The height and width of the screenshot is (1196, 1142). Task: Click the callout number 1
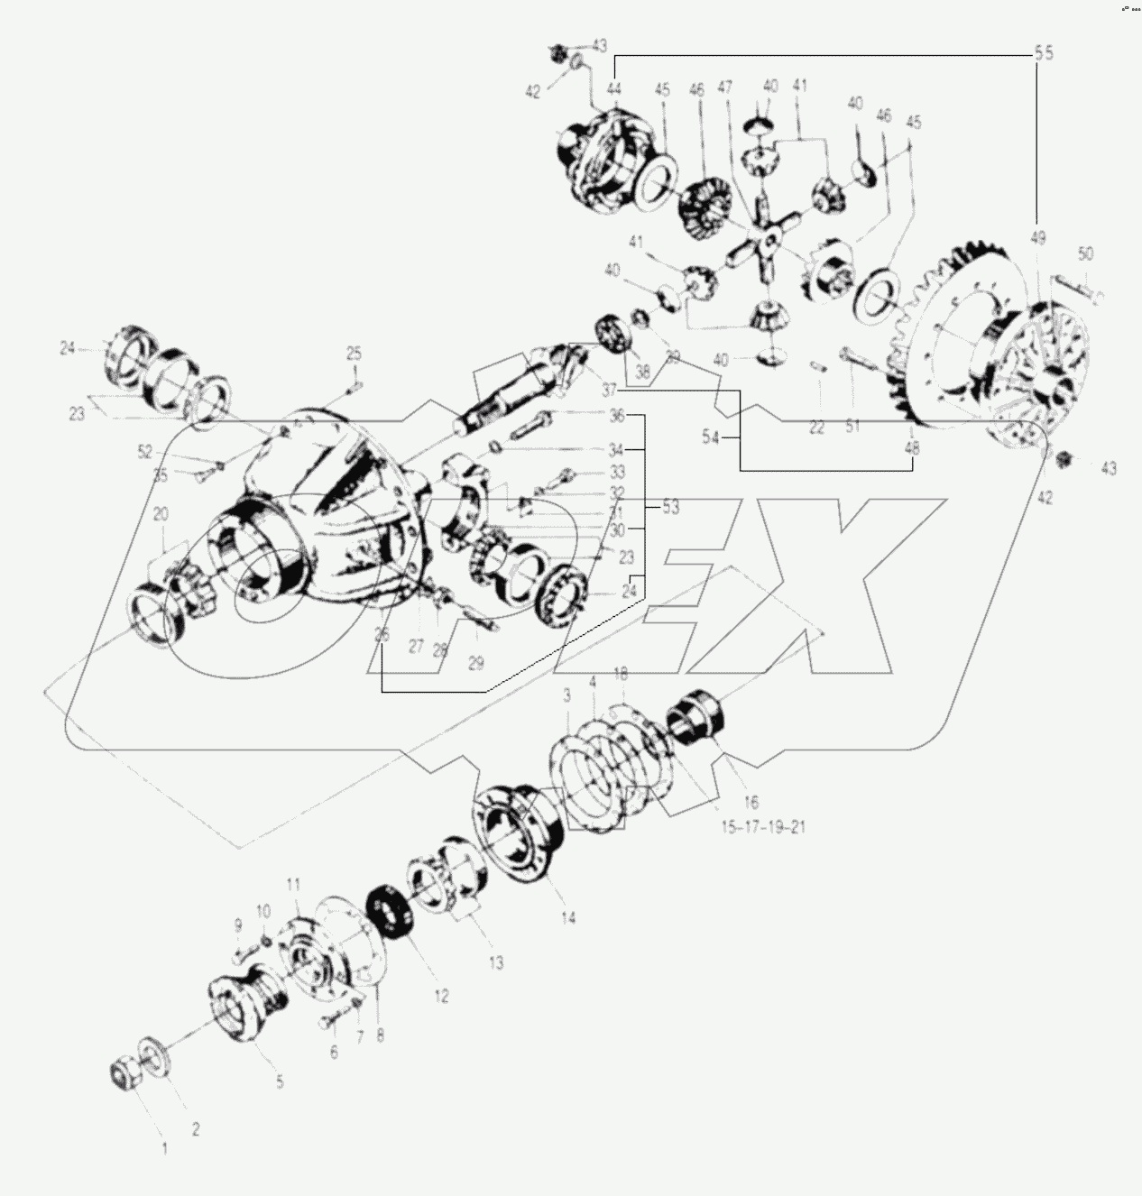164,1150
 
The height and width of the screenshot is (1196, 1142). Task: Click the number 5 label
280,1081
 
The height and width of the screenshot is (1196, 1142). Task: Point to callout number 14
568,917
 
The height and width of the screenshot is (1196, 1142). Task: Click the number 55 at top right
1043,53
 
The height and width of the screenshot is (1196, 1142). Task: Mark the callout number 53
670,509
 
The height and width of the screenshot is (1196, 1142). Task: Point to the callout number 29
475,663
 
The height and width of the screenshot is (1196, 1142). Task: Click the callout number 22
816,428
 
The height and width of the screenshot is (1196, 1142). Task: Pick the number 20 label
161,514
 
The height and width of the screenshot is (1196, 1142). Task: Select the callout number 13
495,961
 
